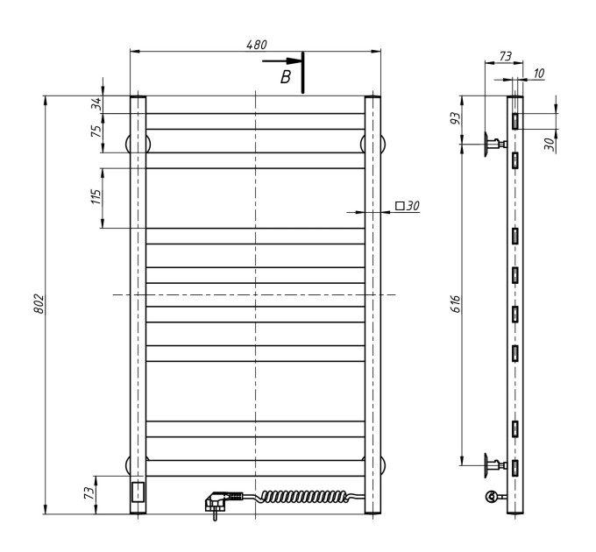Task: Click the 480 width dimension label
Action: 257,45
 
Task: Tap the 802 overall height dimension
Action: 39,303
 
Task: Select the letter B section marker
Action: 286,77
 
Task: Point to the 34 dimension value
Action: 97,103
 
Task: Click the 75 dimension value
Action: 97,131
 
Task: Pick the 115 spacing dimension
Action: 97,197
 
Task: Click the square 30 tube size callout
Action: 408,206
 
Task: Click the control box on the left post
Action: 138,492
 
